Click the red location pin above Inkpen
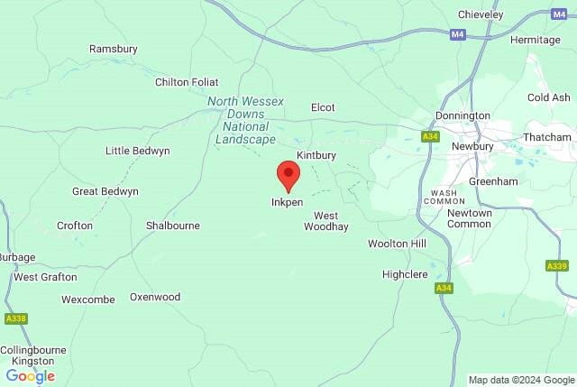point(288,174)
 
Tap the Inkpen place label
point(288,202)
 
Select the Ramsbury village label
point(112,49)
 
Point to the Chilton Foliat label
point(187,82)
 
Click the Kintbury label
point(316,155)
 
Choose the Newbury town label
point(473,146)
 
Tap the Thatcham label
point(547,137)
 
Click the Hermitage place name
point(536,40)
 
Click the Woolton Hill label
point(397,244)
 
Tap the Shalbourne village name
point(173,226)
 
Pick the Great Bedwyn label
point(105,191)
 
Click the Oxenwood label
point(155,297)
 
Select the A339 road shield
point(556,266)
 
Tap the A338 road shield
point(15,318)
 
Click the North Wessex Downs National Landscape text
point(242,120)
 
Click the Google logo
point(31,376)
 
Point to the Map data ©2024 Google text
point(521,380)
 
